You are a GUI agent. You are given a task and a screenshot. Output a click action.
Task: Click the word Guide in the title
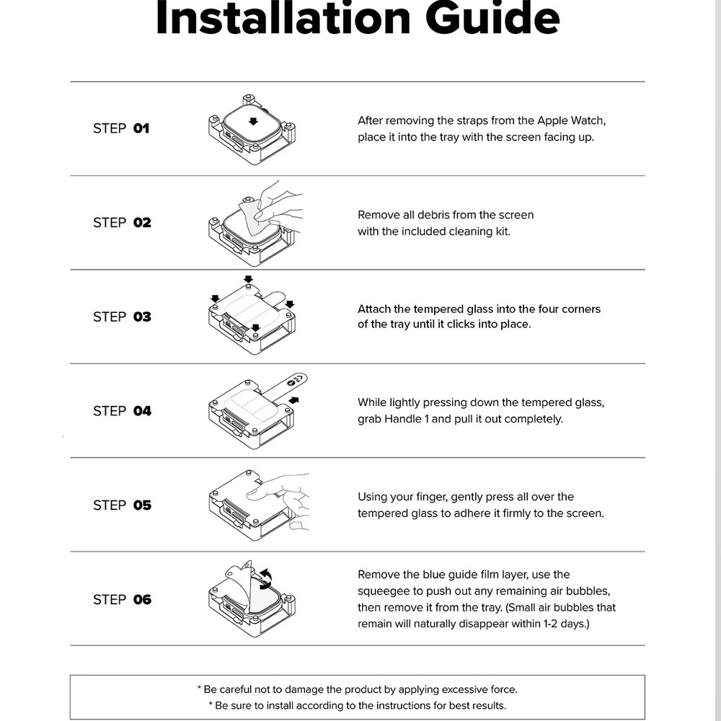492,18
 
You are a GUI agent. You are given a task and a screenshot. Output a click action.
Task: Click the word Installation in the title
283,18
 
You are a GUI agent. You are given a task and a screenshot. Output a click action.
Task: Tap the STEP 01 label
121,128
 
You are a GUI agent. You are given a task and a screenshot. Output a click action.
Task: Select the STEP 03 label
122,317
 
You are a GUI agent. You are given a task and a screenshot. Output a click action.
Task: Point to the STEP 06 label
122,600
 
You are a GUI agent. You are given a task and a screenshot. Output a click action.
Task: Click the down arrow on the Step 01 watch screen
253,121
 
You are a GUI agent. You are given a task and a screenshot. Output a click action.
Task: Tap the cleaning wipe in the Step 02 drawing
254,217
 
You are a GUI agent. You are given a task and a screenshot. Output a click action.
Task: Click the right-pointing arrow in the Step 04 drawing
293,400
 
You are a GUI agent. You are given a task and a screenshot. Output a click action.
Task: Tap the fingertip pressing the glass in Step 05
253,494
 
